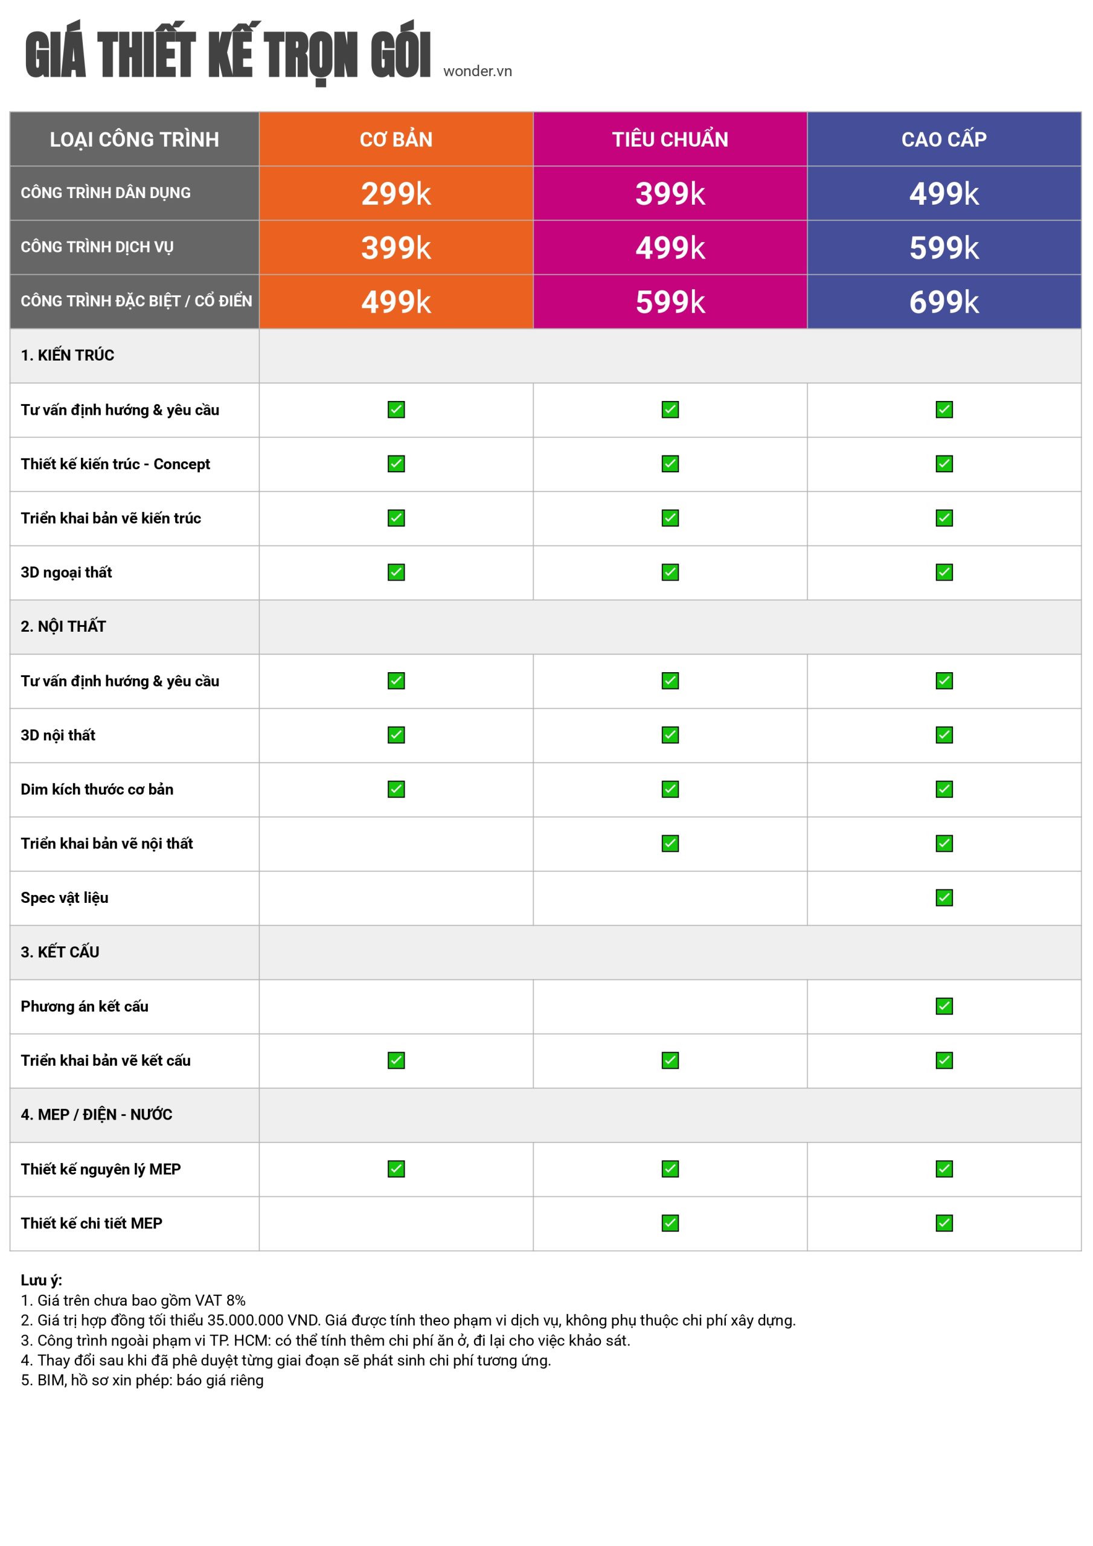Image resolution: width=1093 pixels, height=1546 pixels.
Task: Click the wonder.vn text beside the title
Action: pyautogui.click(x=478, y=71)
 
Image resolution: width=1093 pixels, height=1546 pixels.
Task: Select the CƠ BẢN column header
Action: pyautogui.click(x=396, y=140)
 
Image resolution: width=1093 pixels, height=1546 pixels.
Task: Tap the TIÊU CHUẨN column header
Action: pyautogui.click(x=670, y=140)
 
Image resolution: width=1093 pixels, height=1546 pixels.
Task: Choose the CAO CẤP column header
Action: pyautogui.click(x=944, y=140)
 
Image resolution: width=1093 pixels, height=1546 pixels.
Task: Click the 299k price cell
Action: pyautogui.click(x=396, y=194)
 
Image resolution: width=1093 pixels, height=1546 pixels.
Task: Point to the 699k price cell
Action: pyautogui.click(x=944, y=302)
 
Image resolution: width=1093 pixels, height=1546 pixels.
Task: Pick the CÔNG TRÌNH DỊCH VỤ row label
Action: pyautogui.click(x=97, y=247)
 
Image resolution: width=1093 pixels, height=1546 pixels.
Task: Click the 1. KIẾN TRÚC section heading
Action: pyautogui.click(x=68, y=356)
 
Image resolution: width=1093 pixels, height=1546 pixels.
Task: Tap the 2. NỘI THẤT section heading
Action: pyautogui.click(x=63, y=627)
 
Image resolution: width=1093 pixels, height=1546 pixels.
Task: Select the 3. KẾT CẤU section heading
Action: pyautogui.click(x=60, y=952)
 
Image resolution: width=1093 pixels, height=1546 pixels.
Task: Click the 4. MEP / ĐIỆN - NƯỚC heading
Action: pyautogui.click(x=96, y=1114)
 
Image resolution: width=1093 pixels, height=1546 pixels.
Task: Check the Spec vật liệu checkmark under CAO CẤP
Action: pyautogui.click(x=944, y=897)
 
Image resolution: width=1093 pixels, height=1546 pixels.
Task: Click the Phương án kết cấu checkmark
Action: pyautogui.click(x=944, y=1006)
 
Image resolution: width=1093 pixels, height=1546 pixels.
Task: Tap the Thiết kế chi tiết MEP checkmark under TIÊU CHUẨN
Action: pyautogui.click(x=670, y=1223)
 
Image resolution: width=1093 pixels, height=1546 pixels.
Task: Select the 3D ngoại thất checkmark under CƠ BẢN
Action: pyautogui.click(x=396, y=573)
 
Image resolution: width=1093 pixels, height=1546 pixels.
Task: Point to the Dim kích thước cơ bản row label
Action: pyautogui.click(x=97, y=789)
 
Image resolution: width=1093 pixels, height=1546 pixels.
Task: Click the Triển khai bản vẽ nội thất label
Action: pyautogui.click(x=106, y=844)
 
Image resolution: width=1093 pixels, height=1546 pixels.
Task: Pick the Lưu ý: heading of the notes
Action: pyautogui.click(x=41, y=1280)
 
